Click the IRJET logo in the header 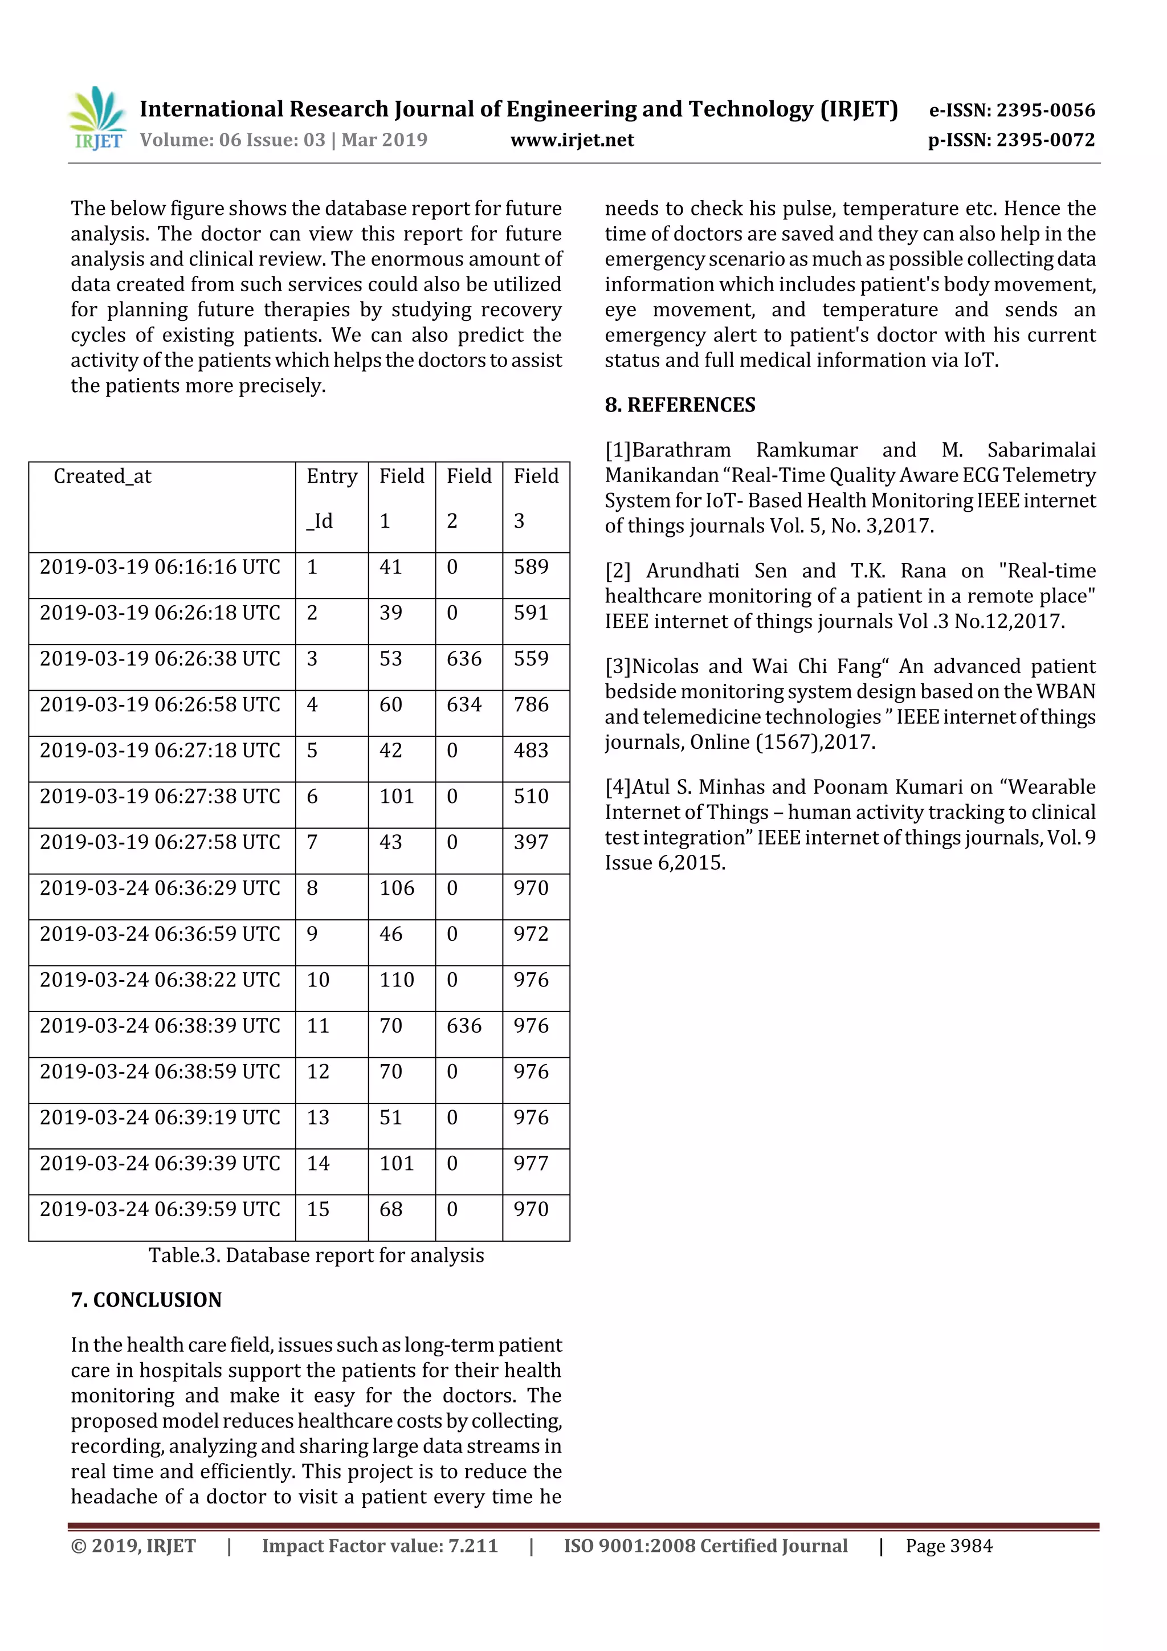click(98, 119)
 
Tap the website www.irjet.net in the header click(572, 140)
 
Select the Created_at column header click(103, 476)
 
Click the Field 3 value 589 click(531, 568)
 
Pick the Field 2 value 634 click(464, 705)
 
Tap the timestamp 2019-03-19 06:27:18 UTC click(160, 751)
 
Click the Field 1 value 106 click(397, 888)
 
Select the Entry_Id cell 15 click(318, 1209)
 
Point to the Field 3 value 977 click(531, 1164)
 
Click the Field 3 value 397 click(531, 842)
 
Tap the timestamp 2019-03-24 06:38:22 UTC click(160, 980)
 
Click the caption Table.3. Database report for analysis click(316, 1255)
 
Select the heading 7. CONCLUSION click(146, 1300)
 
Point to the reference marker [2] click(618, 571)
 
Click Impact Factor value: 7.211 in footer click(380, 1546)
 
